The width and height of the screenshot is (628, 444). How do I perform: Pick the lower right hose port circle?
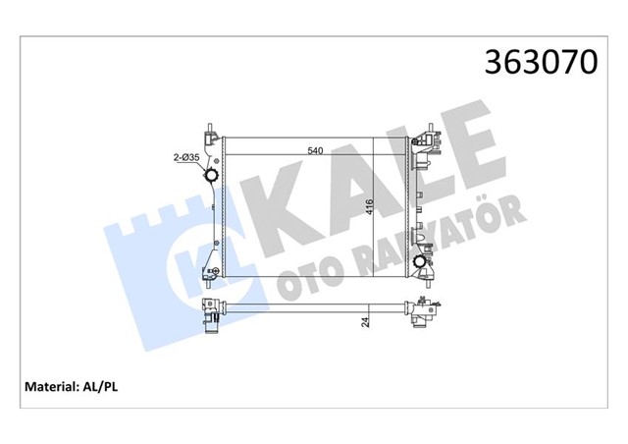pos(421,263)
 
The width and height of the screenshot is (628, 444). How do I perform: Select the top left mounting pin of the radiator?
pos(211,127)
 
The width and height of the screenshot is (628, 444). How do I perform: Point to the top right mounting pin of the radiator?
pos(427,127)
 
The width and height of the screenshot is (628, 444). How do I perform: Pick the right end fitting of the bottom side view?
pos(424,312)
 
